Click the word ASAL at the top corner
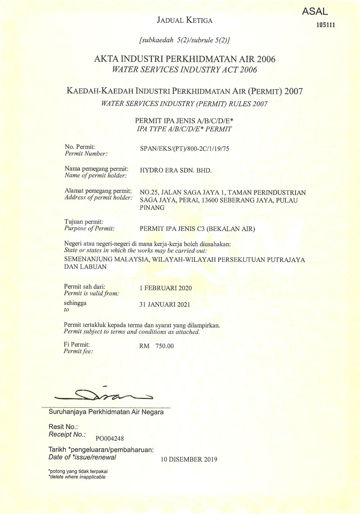(315, 12)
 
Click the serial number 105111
(325, 25)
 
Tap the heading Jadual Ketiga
(184, 21)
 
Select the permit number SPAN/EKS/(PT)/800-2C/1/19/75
(184, 149)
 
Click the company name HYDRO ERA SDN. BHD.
(176, 170)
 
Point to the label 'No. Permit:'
(80, 147)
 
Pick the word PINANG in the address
(152, 208)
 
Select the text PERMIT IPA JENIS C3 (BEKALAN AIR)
(197, 229)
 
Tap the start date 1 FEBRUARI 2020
(166, 288)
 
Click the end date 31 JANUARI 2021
(165, 305)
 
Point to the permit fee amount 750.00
(165, 346)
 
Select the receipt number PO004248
(110, 438)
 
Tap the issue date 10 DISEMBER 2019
(189, 459)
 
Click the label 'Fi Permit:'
(77, 344)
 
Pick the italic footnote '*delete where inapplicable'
(77, 477)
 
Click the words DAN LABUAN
(85, 267)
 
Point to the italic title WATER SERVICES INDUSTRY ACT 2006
(184, 70)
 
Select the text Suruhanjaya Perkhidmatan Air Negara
(106, 412)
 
